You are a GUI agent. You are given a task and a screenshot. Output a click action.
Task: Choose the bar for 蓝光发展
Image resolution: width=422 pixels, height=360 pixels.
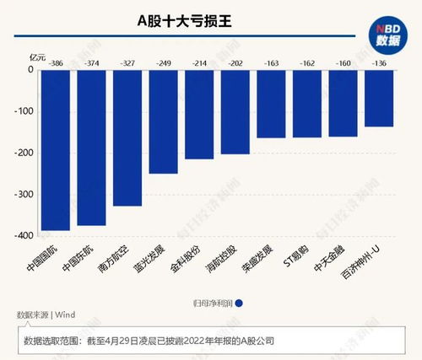[163, 121]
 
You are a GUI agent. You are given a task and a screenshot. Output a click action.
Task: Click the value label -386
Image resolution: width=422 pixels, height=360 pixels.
[57, 63]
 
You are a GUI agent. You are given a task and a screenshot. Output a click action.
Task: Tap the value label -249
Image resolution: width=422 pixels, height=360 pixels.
[164, 63]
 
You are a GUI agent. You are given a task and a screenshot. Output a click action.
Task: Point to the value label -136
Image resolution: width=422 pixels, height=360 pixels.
[379, 63]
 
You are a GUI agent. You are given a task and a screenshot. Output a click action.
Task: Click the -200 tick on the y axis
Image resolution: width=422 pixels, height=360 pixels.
[24, 153]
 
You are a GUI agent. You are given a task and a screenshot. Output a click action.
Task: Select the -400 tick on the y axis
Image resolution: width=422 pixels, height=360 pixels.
[24, 235]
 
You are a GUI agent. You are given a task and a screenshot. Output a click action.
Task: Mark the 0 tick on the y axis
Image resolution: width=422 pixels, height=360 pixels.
[30, 70]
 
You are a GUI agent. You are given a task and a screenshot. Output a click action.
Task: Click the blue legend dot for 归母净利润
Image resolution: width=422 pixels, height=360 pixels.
[240, 304]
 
